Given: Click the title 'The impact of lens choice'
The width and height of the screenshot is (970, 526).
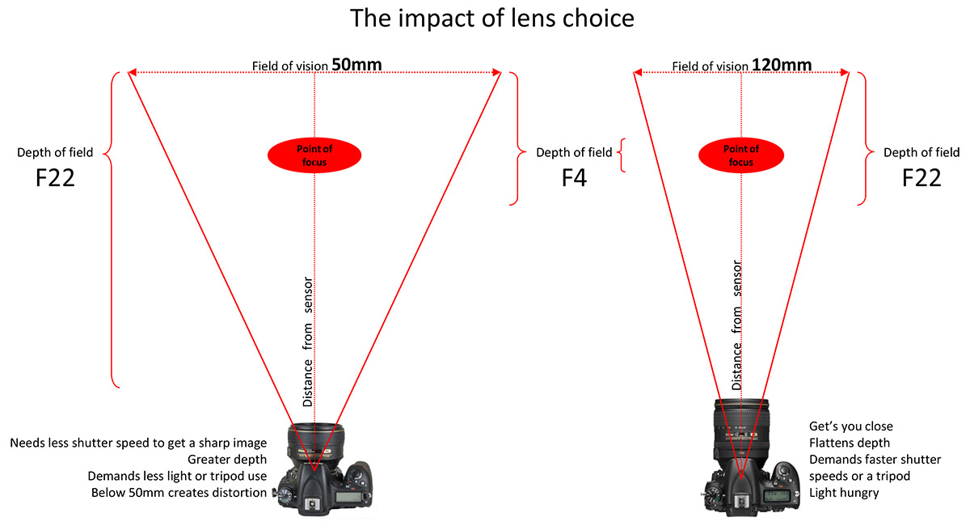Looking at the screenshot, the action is [x=492, y=19].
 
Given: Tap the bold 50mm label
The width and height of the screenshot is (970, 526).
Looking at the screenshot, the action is [x=356, y=65].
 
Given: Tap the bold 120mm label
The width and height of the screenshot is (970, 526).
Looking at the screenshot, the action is [x=782, y=65].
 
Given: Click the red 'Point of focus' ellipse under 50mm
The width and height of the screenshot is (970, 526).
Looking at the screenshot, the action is [x=314, y=155].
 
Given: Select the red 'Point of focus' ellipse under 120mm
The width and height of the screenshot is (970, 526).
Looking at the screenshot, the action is [x=741, y=155].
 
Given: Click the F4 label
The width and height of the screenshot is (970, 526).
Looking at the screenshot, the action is [x=574, y=178].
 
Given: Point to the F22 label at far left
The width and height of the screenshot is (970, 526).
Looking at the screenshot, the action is [x=55, y=178].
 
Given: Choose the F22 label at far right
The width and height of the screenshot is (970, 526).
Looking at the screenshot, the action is [x=921, y=178].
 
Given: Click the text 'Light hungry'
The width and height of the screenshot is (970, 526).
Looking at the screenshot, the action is [x=844, y=493].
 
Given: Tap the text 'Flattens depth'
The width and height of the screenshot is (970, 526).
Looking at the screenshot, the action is [x=850, y=443].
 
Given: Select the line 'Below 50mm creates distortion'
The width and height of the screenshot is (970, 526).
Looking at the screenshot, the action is [x=179, y=493].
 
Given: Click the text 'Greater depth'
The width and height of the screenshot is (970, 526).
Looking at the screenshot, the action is [x=227, y=460].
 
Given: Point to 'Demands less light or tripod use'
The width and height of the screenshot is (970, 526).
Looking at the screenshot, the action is [x=177, y=476].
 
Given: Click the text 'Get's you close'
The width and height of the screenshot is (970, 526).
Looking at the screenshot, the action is [x=851, y=426].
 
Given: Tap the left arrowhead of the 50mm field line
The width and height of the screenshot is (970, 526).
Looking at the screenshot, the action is [x=132, y=72].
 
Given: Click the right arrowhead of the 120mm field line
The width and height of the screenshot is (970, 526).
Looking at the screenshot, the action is [x=845, y=72].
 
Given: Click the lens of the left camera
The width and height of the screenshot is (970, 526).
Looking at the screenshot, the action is [x=315, y=443].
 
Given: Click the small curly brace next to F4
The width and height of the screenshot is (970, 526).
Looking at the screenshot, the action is [x=622, y=155].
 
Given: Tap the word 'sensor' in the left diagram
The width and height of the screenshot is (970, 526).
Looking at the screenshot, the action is [x=307, y=295].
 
